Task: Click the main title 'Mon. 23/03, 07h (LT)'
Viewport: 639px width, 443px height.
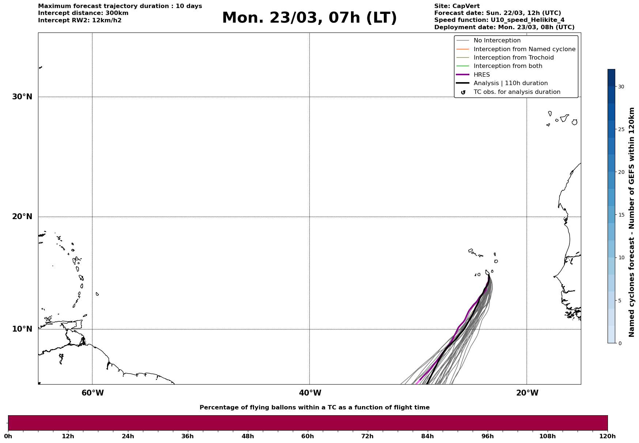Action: coord(309,18)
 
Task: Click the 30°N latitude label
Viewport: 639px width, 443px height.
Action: coord(22,97)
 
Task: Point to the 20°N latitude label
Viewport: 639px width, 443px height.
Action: coord(22,217)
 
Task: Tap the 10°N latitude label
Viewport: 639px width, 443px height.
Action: coord(22,329)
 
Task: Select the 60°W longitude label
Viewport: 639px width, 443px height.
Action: coord(92,393)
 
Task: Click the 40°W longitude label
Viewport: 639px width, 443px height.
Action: coord(310,393)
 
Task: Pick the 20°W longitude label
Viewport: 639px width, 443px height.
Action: coord(527,393)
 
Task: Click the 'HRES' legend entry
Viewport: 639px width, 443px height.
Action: coord(481,75)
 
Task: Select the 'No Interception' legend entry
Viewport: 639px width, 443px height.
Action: coord(497,41)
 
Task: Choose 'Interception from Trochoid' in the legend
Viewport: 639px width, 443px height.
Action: coord(513,58)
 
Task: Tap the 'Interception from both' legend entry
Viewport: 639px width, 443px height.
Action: coord(508,66)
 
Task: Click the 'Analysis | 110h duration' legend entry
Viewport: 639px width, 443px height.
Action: coord(510,83)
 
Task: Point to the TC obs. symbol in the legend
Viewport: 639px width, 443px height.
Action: coord(463,92)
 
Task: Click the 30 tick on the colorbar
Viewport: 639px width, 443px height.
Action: coord(621,87)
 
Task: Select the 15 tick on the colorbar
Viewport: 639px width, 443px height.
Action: coord(621,215)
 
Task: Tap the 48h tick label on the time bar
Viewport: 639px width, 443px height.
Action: coord(247,436)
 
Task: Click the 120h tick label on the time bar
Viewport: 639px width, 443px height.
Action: coord(608,436)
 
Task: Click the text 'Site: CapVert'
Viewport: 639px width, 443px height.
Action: coord(457,6)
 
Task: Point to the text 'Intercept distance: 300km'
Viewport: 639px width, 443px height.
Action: coord(83,13)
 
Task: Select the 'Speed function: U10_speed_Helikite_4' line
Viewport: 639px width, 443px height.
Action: coord(499,20)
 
